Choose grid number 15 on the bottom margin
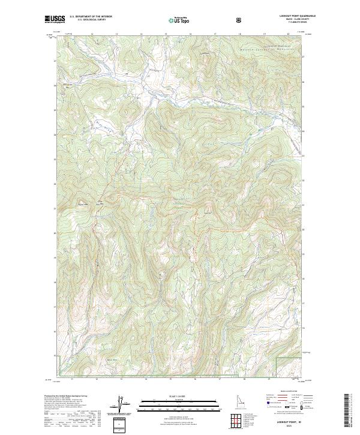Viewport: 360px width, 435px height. pos(170,379)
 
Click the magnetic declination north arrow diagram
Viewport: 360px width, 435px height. pos(119,405)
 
